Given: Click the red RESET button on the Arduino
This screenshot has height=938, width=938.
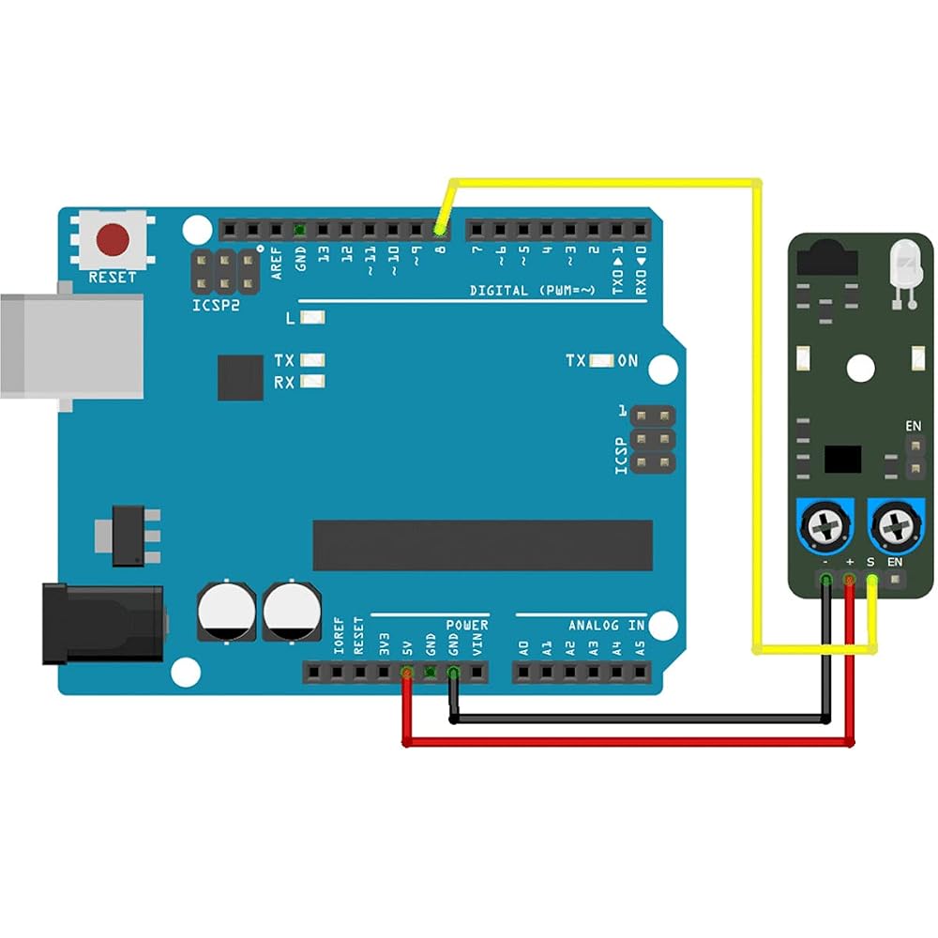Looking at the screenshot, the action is (x=113, y=239).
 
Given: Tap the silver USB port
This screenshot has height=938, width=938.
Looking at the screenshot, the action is (x=72, y=346).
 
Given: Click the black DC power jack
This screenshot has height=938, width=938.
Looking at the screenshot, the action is (x=103, y=624).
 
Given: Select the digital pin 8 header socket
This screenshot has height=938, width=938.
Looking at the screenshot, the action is (x=440, y=229).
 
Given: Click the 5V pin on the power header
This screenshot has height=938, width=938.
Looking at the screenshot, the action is (x=407, y=673).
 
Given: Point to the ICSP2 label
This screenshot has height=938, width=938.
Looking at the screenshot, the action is (x=216, y=305).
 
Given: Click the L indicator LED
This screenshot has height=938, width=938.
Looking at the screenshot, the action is (x=312, y=316).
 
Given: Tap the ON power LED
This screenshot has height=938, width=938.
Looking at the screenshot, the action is (x=602, y=361).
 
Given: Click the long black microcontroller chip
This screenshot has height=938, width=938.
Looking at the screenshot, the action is (x=482, y=545).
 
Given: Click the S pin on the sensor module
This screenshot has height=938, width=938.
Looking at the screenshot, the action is (x=872, y=579).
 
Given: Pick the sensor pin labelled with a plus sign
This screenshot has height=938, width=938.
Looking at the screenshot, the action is (x=849, y=579).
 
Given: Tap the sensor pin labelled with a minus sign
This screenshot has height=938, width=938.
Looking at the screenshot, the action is (x=826, y=579).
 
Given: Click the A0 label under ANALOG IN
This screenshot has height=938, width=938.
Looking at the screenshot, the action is (x=523, y=648).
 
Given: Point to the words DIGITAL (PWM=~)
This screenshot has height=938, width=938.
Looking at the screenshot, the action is (x=533, y=291).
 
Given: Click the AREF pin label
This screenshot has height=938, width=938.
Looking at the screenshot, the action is (x=276, y=264).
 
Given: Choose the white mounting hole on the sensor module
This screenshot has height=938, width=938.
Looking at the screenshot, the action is (x=861, y=368).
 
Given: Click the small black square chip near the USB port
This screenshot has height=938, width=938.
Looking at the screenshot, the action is (x=240, y=377).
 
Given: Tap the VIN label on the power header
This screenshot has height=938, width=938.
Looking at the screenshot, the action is (x=477, y=645).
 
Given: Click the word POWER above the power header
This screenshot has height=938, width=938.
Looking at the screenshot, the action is (x=467, y=625).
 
